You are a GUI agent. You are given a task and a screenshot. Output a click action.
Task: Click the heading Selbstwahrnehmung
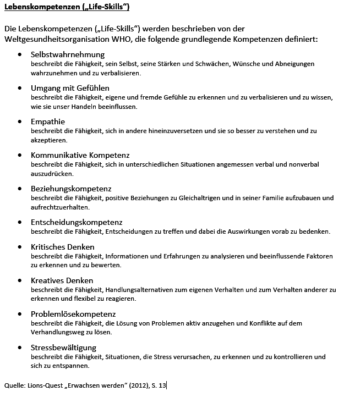(x=68, y=55)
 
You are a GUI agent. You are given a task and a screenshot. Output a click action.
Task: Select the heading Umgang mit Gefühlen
(x=70, y=88)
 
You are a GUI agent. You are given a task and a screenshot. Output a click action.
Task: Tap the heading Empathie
(x=48, y=122)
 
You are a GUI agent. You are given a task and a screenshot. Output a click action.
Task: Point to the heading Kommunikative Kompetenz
(x=80, y=155)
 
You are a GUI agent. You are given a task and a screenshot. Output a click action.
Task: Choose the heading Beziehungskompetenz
(x=71, y=189)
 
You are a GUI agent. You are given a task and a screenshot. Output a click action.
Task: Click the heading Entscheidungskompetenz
(x=77, y=222)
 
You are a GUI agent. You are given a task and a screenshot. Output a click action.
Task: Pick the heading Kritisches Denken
(x=63, y=247)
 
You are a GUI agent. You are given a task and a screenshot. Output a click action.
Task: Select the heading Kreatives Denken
(x=62, y=280)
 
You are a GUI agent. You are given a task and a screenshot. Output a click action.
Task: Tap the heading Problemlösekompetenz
(x=73, y=314)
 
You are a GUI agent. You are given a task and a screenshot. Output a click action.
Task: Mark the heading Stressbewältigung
(x=64, y=348)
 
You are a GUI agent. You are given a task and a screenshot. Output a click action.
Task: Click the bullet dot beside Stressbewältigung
(x=20, y=348)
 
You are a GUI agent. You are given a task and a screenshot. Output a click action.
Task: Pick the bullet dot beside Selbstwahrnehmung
(x=20, y=55)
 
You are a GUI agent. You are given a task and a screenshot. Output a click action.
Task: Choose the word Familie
(x=281, y=198)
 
